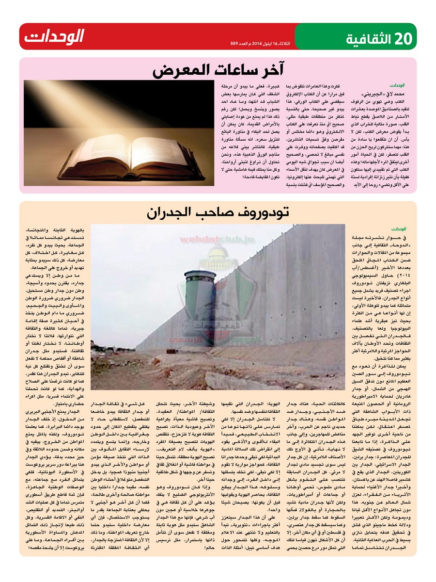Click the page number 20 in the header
tap(403, 36)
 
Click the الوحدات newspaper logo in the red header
tap(54, 36)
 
